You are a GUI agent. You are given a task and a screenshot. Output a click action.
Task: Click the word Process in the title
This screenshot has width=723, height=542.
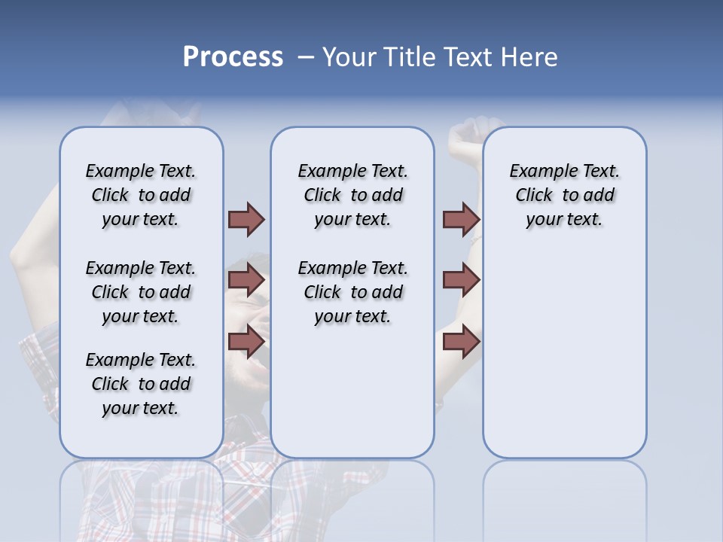[x=233, y=57]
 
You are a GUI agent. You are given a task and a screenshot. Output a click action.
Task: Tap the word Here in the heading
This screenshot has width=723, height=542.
[x=529, y=57]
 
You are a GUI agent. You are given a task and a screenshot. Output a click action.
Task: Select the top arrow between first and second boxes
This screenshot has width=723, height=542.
[x=246, y=219]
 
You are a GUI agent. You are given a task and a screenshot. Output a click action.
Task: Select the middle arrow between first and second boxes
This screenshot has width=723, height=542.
[x=246, y=280]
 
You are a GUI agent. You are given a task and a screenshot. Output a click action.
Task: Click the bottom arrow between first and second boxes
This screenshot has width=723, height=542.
[x=246, y=342]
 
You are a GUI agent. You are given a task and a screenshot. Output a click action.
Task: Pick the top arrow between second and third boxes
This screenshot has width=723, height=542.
[x=461, y=219]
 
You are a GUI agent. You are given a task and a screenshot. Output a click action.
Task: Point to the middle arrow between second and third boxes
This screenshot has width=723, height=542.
[x=461, y=280]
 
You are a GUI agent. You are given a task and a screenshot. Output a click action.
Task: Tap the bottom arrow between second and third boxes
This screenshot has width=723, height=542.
[x=461, y=342]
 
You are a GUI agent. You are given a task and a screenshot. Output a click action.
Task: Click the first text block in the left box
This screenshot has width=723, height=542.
[x=141, y=195]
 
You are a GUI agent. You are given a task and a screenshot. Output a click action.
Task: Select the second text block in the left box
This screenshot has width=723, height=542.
[x=141, y=292]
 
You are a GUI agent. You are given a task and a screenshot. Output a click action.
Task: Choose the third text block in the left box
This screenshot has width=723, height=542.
[x=141, y=384]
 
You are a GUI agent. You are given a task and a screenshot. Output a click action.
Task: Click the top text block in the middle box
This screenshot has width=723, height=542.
[x=352, y=195]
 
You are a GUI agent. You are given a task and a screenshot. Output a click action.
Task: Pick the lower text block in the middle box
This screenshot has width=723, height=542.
[x=352, y=292]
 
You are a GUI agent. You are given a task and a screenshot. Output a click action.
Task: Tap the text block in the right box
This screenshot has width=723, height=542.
[x=565, y=195]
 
